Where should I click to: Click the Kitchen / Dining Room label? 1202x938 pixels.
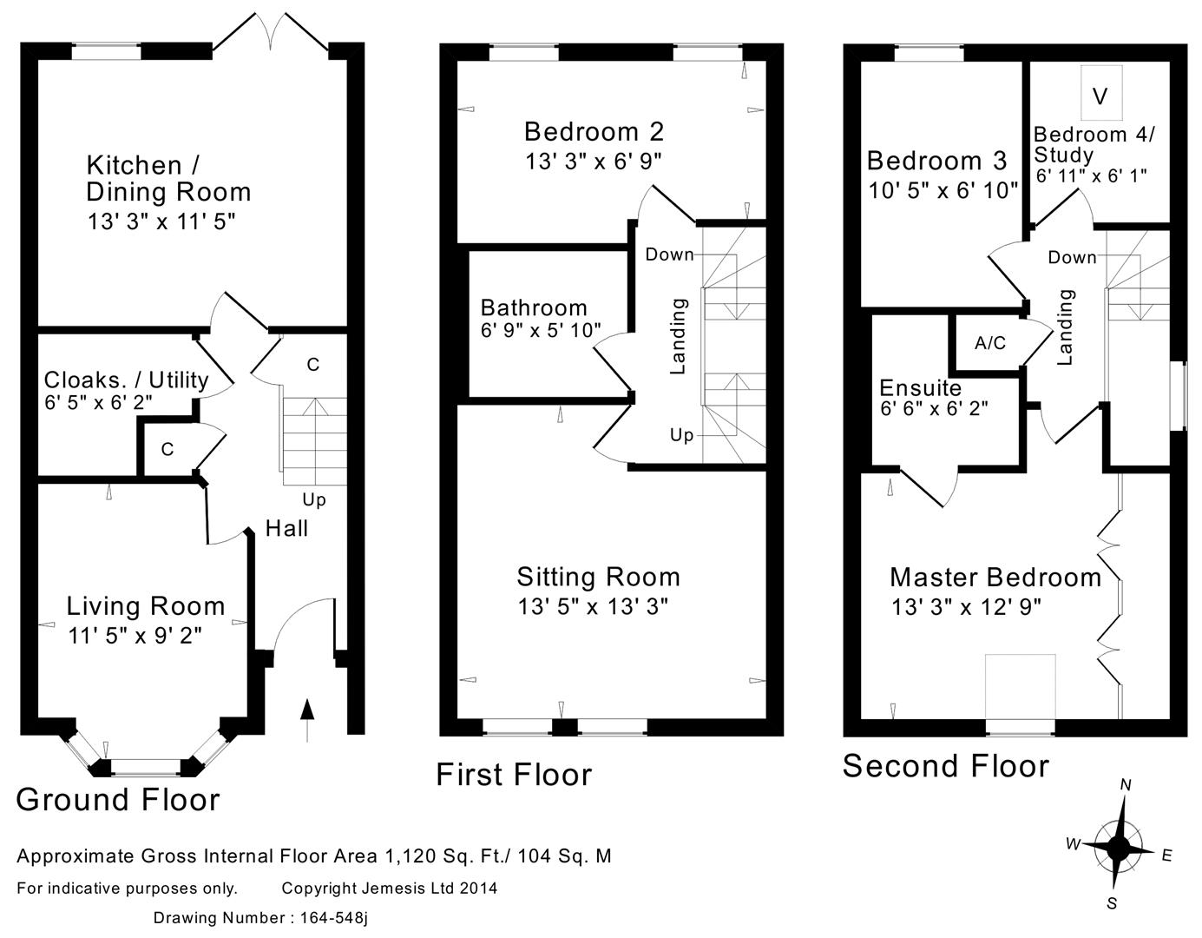(168, 179)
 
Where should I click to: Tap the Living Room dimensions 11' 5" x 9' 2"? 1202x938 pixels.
(135, 636)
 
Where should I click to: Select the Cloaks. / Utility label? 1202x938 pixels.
(126, 380)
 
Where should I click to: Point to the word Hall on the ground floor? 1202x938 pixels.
(286, 528)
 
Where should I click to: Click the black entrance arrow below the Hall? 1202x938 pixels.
(307, 720)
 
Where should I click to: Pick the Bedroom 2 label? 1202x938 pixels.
(594, 132)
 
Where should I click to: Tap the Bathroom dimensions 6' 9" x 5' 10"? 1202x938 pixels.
(541, 330)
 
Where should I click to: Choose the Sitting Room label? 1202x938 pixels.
(599, 578)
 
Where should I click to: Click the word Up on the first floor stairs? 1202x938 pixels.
(681, 436)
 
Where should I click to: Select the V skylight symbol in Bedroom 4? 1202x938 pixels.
(1100, 96)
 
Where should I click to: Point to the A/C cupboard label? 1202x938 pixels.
(990, 343)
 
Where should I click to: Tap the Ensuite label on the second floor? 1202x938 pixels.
(921, 388)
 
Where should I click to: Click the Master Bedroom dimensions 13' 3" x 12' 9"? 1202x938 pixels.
(966, 607)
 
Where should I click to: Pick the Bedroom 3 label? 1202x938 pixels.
(937, 161)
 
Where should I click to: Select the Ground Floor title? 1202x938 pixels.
(118, 800)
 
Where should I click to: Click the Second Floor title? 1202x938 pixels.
(946, 767)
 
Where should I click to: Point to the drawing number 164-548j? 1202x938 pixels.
(333, 918)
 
